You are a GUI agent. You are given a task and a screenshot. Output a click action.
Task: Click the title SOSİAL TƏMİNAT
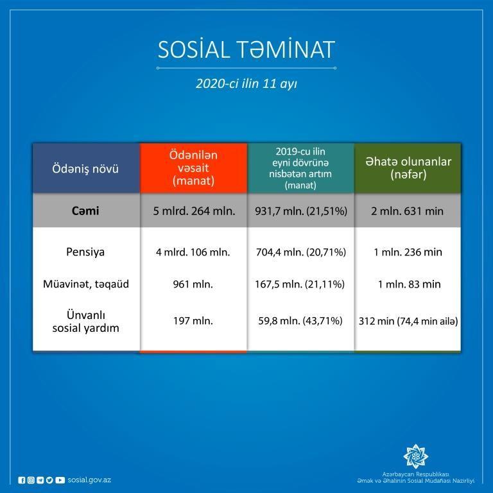pyautogui.click(x=246, y=51)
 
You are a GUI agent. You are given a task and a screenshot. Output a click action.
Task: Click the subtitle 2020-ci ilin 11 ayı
pyautogui.click(x=246, y=85)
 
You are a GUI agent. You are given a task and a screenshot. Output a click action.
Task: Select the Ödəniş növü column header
pyautogui.click(x=85, y=169)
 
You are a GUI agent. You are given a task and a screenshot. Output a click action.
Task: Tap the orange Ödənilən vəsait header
pyautogui.click(x=193, y=168)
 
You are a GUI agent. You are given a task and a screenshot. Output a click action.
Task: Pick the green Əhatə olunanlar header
pyautogui.click(x=408, y=168)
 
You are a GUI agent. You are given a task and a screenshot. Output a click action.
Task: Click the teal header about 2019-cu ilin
pyautogui.click(x=300, y=168)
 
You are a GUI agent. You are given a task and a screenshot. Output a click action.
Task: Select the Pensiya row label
pyautogui.click(x=85, y=252)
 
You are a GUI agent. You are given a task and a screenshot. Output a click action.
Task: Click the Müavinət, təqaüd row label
pyautogui.click(x=85, y=284)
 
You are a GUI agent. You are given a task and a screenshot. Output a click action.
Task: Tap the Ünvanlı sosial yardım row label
pyautogui.click(x=85, y=321)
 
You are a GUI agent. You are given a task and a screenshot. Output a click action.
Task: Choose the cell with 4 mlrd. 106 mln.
pyautogui.click(x=193, y=252)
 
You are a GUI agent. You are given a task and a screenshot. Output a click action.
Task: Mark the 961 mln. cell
pyautogui.click(x=193, y=284)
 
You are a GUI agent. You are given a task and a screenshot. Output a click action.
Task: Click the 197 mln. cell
pyautogui.click(x=193, y=321)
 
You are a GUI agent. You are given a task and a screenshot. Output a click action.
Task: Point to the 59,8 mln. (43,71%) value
pyautogui.click(x=300, y=321)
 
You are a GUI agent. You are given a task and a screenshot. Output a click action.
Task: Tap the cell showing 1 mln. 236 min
pyautogui.click(x=408, y=252)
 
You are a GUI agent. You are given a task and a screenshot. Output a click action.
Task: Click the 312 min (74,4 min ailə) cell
pyautogui.click(x=408, y=321)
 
